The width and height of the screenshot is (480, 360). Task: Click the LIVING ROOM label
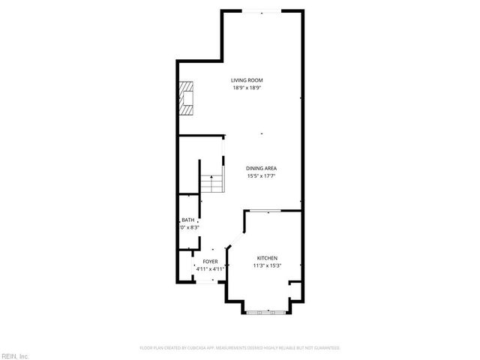(246, 80)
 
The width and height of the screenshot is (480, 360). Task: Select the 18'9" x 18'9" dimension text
(246, 88)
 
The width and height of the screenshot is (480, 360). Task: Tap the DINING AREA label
(262, 169)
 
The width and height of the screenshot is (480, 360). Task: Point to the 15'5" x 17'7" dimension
(262, 176)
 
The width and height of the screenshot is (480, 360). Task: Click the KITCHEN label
(268, 256)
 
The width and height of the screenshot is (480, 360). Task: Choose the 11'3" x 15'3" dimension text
(268, 264)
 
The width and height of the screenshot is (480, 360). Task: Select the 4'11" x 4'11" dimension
(210, 268)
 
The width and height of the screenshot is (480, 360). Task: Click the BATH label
(187, 219)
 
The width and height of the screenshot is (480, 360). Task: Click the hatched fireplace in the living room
(185, 98)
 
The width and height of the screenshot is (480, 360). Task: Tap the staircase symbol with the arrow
(212, 182)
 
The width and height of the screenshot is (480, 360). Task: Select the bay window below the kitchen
(264, 310)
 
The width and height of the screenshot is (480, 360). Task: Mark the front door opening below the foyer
(204, 282)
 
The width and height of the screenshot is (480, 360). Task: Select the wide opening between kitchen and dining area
(274, 211)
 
